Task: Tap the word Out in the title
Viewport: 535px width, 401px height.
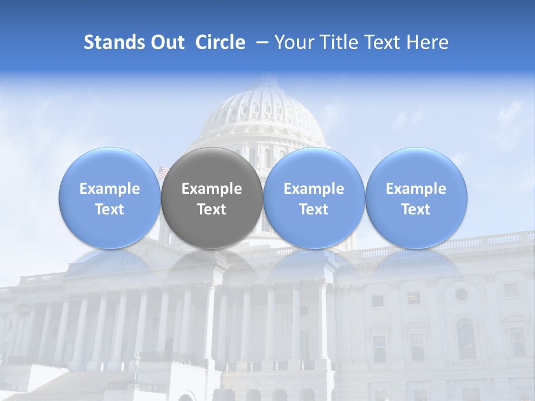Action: (x=166, y=42)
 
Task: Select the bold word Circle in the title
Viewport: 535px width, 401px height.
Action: (x=220, y=42)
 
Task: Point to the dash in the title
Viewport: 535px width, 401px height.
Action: (x=260, y=42)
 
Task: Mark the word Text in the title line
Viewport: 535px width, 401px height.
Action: (x=384, y=42)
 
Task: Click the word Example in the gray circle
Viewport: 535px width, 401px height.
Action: (x=212, y=189)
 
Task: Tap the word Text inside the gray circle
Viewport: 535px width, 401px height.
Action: (x=212, y=209)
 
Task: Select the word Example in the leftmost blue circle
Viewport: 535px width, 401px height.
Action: (x=110, y=189)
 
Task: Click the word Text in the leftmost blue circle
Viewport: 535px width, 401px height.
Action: (x=110, y=209)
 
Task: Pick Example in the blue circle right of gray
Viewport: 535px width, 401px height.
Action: (x=314, y=189)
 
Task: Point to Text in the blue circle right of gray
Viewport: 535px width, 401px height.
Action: (x=314, y=209)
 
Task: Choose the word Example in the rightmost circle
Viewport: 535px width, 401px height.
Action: (x=416, y=189)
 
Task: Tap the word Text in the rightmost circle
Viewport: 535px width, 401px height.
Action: (x=416, y=209)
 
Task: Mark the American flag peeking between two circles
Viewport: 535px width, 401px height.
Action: (x=162, y=172)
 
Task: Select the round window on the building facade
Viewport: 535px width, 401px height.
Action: (x=461, y=294)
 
